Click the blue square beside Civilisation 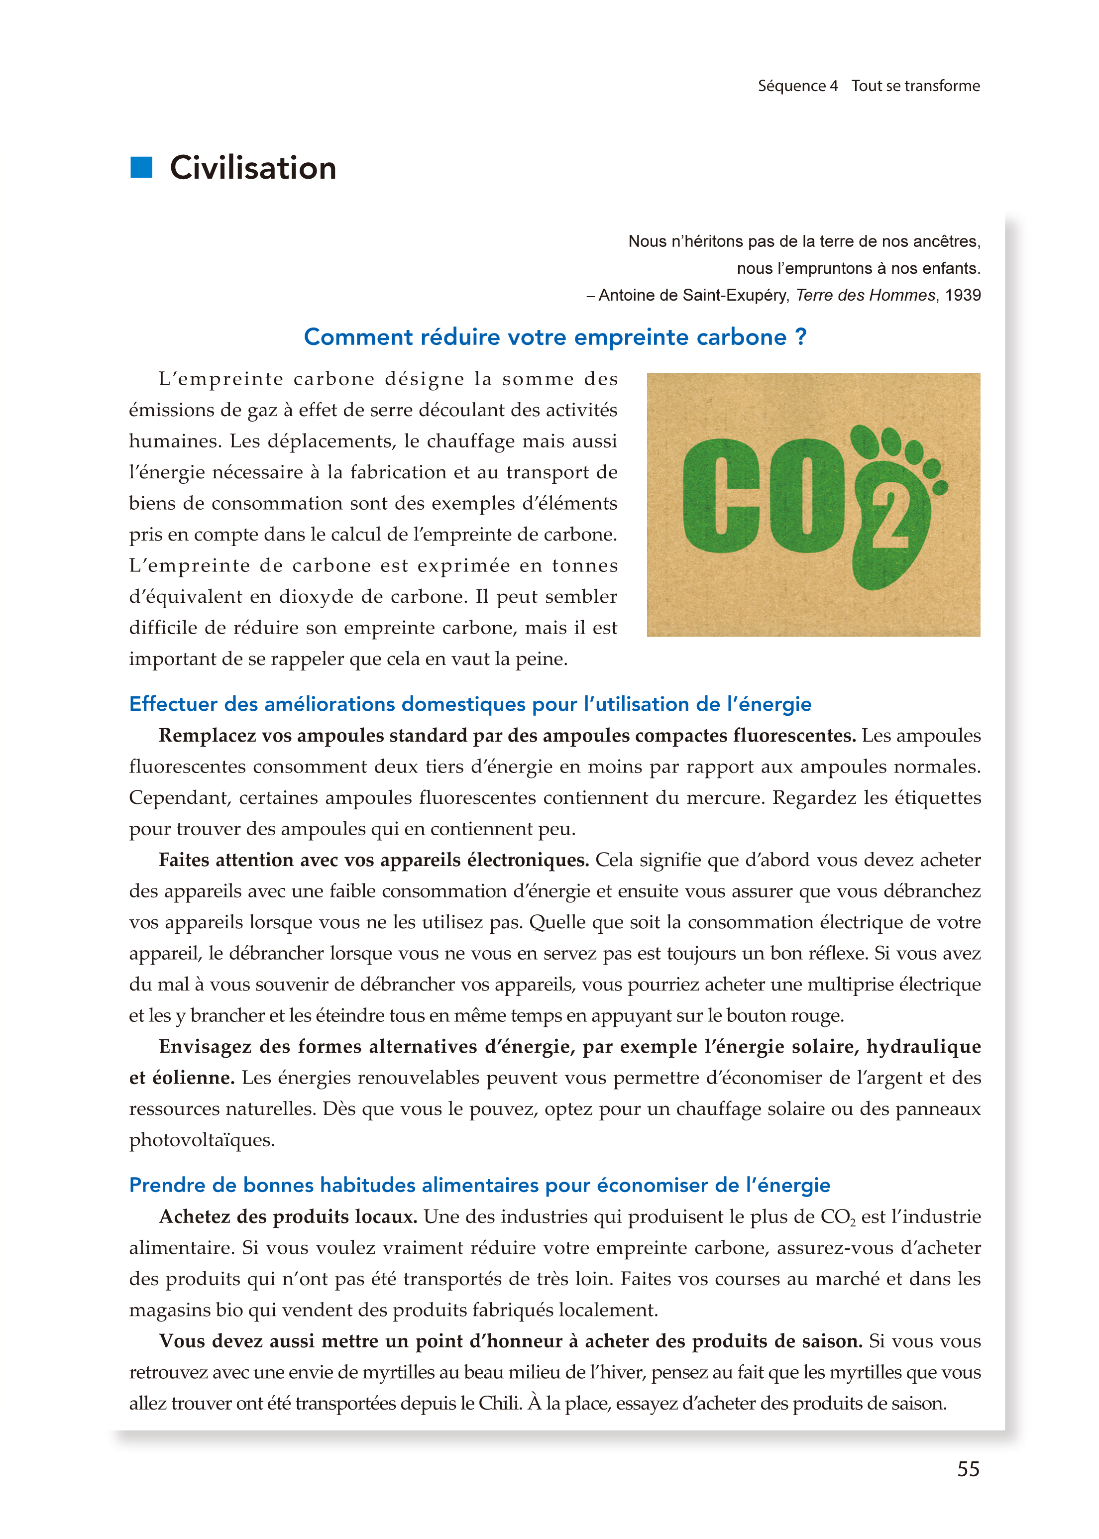pos(141,167)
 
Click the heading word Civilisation pos(252,168)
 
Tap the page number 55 pos(968,1469)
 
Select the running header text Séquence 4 pos(797,86)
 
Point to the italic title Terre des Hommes pos(865,295)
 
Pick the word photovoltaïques pos(202,1140)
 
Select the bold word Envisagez pos(206,1047)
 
